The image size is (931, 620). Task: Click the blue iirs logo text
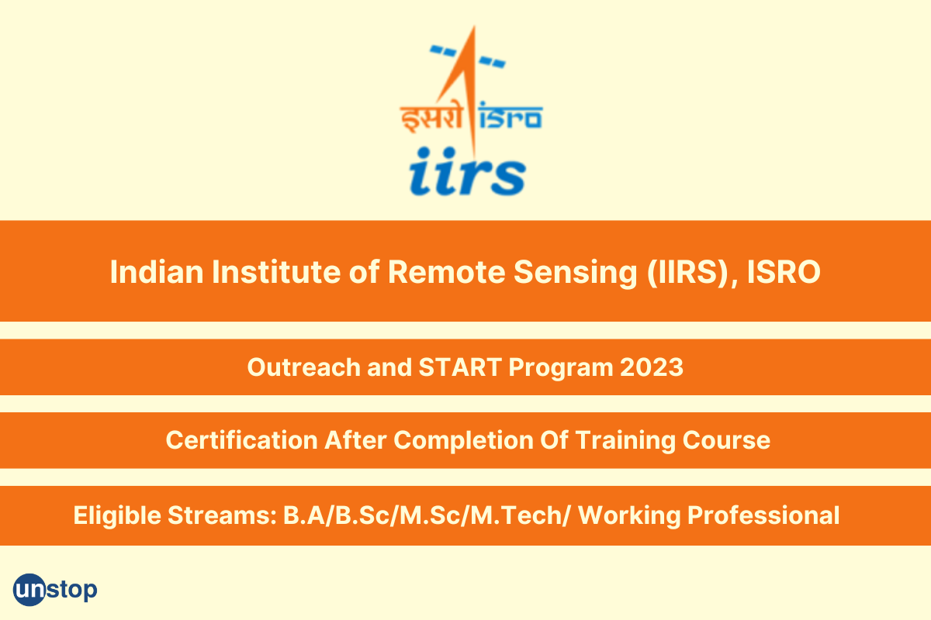468,171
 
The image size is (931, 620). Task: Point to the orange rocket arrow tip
473,26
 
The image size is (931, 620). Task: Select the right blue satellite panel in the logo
492,61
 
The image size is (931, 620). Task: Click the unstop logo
55,589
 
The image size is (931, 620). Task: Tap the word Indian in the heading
157,272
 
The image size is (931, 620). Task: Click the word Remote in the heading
446,272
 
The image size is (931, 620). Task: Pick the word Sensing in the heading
576,274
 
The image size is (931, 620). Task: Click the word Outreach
304,367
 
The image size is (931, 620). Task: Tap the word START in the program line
460,367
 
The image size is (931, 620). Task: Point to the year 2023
652,367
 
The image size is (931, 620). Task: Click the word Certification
242,440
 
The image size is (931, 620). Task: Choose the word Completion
463,441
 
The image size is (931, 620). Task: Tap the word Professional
763,515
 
